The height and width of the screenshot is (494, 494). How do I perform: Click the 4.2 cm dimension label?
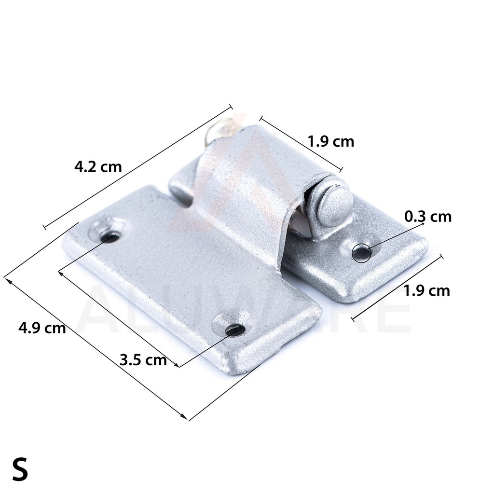pyautogui.click(x=98, y=166)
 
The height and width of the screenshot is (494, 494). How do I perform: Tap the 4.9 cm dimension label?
pyautogui.click(x=42, y=328)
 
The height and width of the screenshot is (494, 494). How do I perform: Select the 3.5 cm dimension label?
pyautogui.click(x=143, y=359)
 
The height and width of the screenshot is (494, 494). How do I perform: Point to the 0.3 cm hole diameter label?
pyautogui.click(x=428, y=217)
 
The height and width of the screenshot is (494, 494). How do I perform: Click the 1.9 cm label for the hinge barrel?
pyautogui.click(x=331, y=141)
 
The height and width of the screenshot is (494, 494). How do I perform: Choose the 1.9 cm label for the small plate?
pyautogui.click(x=426, y=291)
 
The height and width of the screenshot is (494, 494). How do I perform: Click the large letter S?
pyautogui.click(x=20, y=469)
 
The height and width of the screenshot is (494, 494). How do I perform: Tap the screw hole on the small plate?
pyautogui.click(x=361, y=252)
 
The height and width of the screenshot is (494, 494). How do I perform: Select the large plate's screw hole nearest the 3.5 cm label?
pyautogui.click(x=235, y=330)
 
